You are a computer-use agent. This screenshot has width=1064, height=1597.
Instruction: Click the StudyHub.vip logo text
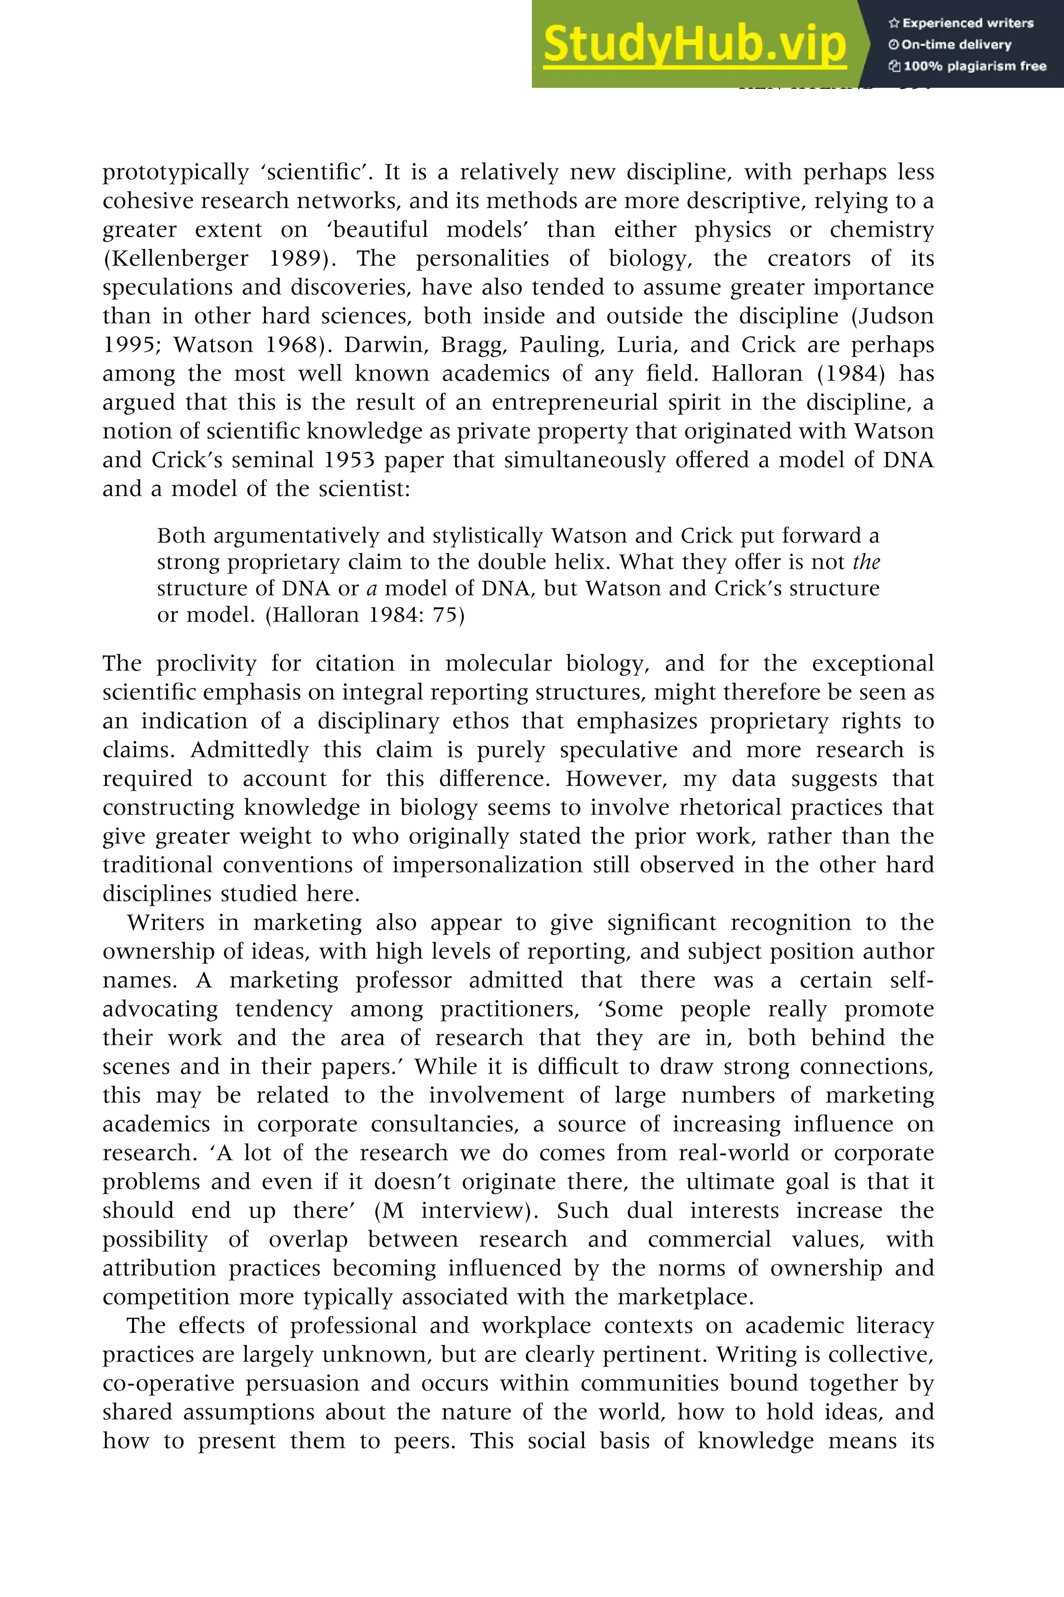pyautogui.click(x=694, y=44)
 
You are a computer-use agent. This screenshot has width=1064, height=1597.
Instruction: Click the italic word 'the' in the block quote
pyautogui.click(x=866, y=562)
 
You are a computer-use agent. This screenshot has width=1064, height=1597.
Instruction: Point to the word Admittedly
pyautogui.click(x=250, y=750)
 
